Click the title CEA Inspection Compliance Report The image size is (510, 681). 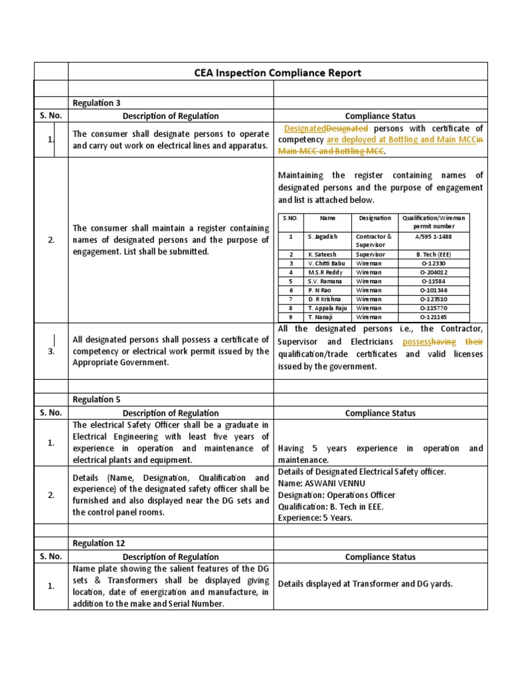278,72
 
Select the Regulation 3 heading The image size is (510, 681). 96,102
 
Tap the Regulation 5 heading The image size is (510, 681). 96,399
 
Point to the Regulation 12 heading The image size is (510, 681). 98,543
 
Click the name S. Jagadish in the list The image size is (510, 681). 321,236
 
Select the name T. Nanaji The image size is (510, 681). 321,317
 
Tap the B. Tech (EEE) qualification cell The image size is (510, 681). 434,254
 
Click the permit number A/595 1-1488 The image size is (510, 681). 434,236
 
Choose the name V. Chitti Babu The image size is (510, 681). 327,263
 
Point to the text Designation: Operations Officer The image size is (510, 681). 337,495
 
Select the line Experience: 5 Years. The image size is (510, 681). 315,517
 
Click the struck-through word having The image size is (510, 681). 444,342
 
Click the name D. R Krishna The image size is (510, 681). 325,299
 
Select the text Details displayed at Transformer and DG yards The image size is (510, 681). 365,584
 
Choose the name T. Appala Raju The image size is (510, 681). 328,309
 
